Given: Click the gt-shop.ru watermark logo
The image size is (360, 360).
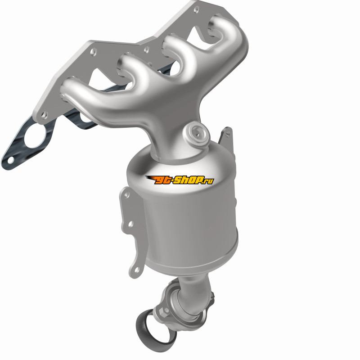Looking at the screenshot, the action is click(180, 180).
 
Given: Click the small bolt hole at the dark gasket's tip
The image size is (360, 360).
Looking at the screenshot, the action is click(11, 160).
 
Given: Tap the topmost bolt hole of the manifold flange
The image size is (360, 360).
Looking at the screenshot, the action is click(196, 9).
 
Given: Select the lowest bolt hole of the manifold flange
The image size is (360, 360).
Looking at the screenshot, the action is click(44, 115).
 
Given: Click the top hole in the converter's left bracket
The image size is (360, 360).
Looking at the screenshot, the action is click(126, 195).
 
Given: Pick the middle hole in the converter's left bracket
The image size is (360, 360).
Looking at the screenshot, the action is click(130, 224).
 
